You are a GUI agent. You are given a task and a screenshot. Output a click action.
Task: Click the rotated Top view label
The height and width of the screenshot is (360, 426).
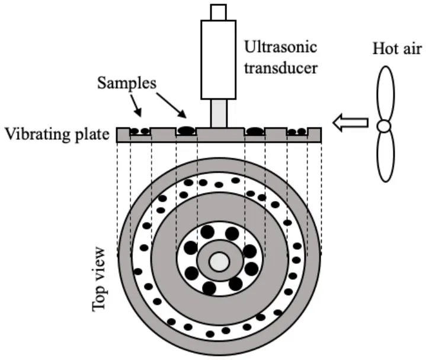coord(100,278)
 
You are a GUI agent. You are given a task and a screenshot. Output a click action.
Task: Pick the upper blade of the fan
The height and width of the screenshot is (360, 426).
coord(386,93)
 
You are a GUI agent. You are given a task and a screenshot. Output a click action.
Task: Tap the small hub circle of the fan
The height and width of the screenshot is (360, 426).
coord(385,126)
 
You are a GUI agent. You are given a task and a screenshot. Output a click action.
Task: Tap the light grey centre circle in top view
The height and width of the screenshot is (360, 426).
coord(219,262)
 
